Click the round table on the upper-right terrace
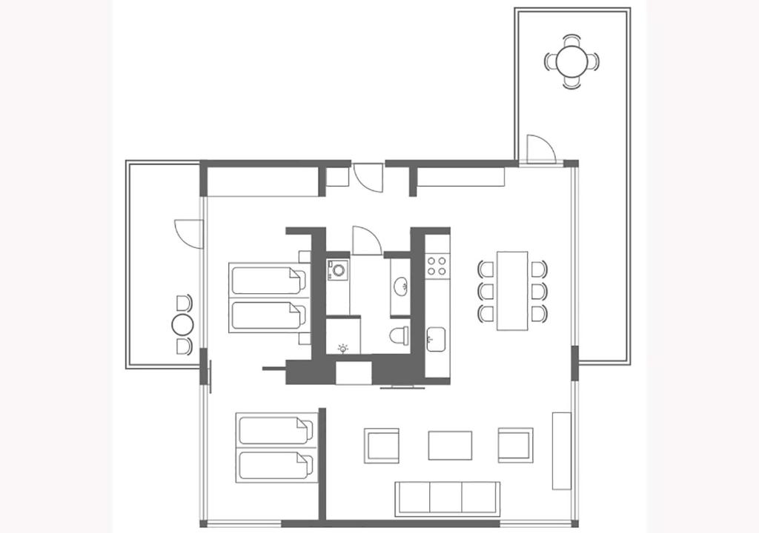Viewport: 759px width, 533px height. click(571, 61)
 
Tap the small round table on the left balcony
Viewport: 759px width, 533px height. click(182, 324)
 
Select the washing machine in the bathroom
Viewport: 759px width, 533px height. click(339, 270)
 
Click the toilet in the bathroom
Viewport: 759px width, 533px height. click(400, 335)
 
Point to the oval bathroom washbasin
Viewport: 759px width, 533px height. click(400, 285)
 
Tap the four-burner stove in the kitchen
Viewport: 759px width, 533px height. click(437, 266)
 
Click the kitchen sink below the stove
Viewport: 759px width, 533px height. click(437, 341)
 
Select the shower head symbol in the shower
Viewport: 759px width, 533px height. click(342, 348)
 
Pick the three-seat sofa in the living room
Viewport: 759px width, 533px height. click(447, 497)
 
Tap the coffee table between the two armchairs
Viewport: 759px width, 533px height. click(450, 445)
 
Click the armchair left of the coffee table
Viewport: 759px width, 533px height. click(382, 445)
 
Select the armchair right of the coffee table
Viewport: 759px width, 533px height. click(515, 445)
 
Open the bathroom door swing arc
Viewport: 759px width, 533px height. click(365, 241)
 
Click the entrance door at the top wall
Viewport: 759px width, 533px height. click(368, 178)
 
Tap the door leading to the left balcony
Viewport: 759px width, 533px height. click(190, 234)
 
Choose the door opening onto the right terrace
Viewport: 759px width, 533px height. click(540, 150)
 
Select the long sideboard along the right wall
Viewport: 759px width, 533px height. click(561, 450)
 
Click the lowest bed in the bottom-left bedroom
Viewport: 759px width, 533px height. click(275, 466)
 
